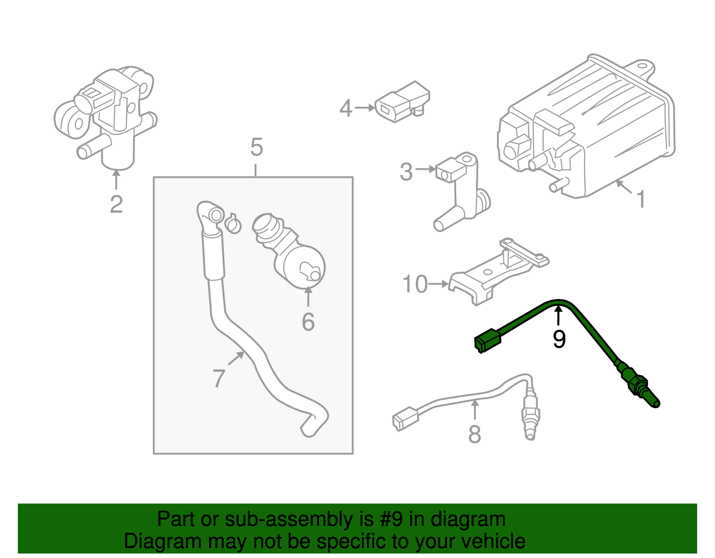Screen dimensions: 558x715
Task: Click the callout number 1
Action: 641,199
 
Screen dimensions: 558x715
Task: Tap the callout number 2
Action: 116,205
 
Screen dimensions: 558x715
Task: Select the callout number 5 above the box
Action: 257,147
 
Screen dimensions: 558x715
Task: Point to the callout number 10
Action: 415,284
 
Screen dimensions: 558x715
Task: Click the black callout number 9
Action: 559,339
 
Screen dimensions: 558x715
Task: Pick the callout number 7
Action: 219,378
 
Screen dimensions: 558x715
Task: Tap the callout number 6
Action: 308,322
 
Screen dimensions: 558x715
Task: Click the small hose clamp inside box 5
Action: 232,223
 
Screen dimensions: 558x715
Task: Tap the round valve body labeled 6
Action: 304,267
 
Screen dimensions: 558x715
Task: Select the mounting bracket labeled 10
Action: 496,275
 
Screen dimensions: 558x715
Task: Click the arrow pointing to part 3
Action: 426,169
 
